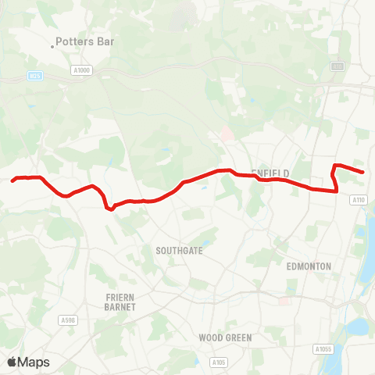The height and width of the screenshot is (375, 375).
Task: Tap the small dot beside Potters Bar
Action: (x=52, y=46)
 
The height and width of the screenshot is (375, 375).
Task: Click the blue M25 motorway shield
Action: (x=34, y=76)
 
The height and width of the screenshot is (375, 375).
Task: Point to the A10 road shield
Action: (x=337, y=67)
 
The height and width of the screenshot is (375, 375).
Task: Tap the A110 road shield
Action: (x=359, y=201)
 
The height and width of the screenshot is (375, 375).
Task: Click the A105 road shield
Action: (x=220, y=362)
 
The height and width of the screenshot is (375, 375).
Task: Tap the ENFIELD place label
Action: (x=270, y=173)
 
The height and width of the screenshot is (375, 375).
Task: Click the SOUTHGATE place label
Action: (x=179, y=251)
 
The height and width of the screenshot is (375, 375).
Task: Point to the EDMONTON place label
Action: (x=309, y=266)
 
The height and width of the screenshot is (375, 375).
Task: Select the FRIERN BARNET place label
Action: (x=121, y=302)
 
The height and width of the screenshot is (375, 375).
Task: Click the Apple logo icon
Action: (x=12, y=362)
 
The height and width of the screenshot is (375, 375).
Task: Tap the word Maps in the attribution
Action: (x=34, y=362)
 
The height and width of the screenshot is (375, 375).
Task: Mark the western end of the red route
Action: (x=12, y=180)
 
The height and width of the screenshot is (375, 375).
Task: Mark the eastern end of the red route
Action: (x=363, y=172)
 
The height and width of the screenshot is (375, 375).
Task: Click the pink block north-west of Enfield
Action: (x=227, y=134)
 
